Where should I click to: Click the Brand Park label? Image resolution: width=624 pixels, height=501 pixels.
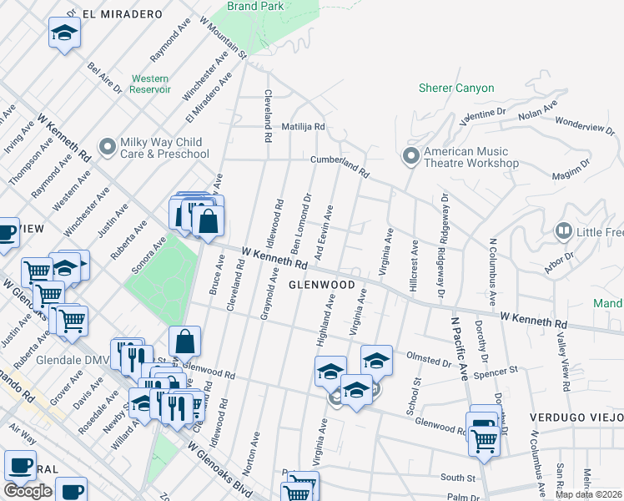(x=259, y=6)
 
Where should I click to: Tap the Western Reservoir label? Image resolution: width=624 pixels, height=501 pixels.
(x=150, y=83)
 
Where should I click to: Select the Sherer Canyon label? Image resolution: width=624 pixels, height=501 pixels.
(x=456, y=88)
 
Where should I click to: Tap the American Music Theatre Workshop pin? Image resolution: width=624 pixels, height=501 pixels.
(x=410, y=156)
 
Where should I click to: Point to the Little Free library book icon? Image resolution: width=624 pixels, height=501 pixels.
(x=564, y=230)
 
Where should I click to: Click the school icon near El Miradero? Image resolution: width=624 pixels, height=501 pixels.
(x=64, y=33)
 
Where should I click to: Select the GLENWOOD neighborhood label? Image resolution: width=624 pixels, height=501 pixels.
(x=322, y=285)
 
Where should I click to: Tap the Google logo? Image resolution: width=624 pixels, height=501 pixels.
(x=28, y=491)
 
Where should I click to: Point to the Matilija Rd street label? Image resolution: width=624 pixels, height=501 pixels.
(x=302, y=126)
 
